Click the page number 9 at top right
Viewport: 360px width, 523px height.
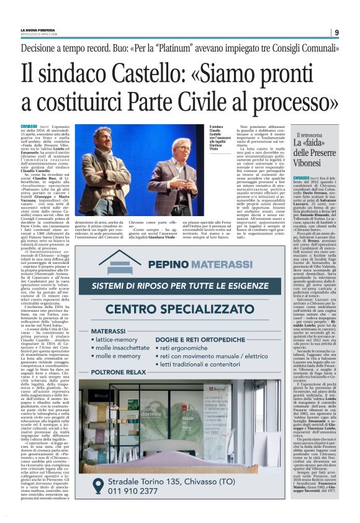pyautogui.click(x=336, y=33)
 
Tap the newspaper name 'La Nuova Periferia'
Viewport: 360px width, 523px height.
pyautogui.click(x=38, y=29)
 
